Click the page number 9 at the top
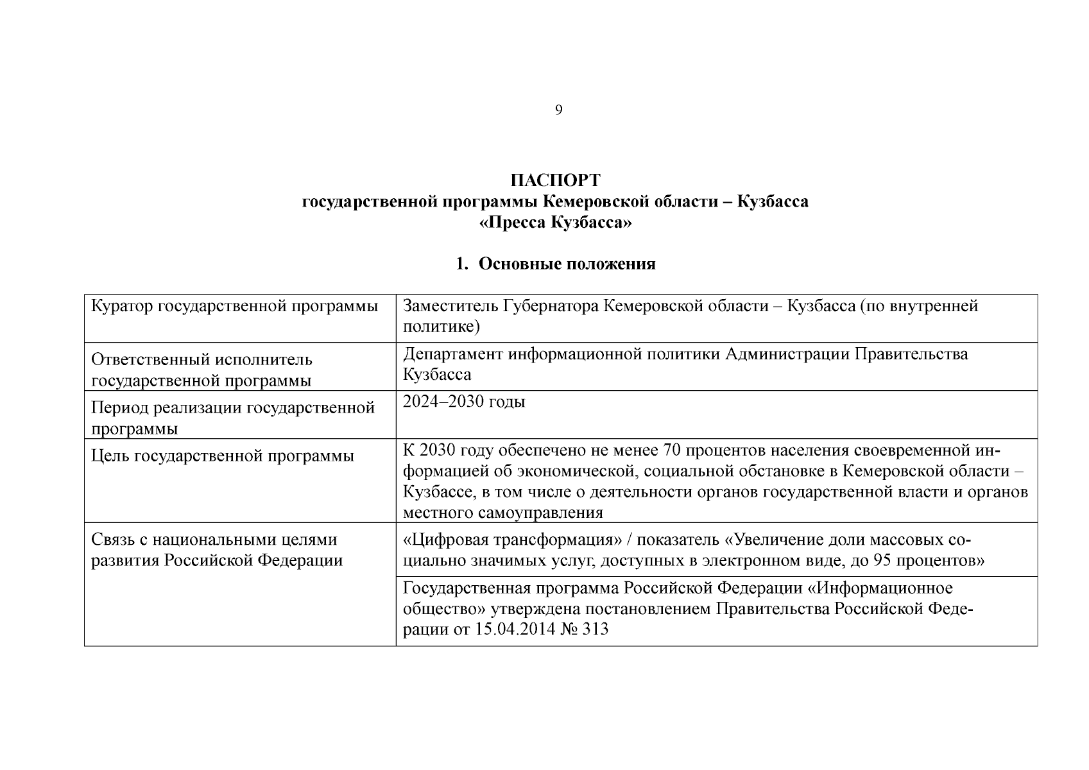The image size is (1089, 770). [558, 110]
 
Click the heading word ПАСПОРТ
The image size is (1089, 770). [555, 180]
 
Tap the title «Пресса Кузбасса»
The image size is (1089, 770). [555, 223]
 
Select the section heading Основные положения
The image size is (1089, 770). [567, 264]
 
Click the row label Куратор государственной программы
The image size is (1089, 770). [235, 306]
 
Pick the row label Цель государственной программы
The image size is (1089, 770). [223, 456]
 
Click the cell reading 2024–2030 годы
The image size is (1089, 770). [464, 402]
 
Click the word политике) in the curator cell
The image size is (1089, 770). [442, 327]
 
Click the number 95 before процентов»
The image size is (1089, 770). [882, 561]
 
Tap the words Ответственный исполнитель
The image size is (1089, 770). [202, 360]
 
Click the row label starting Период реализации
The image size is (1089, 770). [233, 408]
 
